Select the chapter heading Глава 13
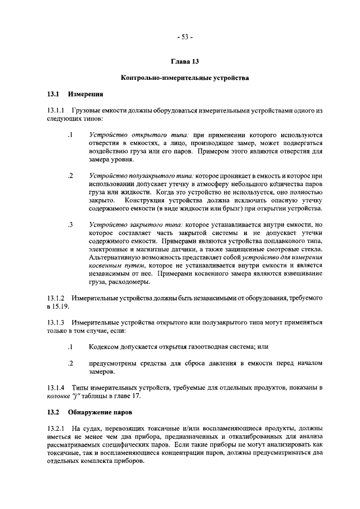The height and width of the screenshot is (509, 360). coord(184,61)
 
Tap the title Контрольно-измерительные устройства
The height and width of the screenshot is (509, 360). coord(184,78)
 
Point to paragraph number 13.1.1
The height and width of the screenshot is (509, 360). coord(56,111)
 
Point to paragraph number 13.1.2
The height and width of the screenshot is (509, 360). coord(56,298)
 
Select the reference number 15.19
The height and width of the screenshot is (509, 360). coord(59,307)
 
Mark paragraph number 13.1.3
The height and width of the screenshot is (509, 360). coord(56,323)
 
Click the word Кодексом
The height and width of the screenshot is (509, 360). coord(105,348)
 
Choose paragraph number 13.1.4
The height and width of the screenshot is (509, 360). coord(56,388)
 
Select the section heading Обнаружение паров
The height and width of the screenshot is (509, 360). coord(103,413)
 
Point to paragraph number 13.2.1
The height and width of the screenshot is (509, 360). coord(56,429)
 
